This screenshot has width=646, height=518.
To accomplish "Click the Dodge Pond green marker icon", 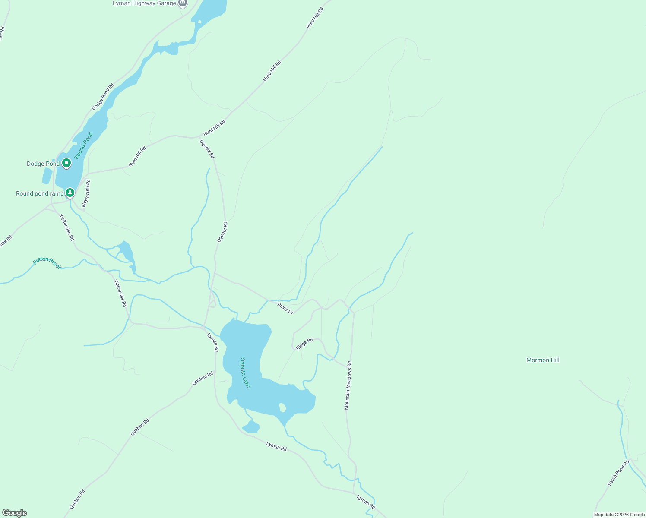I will [66, 163].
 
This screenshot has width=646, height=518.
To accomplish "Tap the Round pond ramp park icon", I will [70, 192].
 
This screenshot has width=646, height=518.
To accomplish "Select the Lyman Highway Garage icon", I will [183, 3].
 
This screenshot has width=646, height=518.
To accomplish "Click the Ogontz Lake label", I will [245, 373].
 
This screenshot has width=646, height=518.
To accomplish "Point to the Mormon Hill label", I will [543, 360].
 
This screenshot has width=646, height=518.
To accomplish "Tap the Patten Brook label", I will [47, 263].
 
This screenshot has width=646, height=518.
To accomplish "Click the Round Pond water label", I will [83, 145].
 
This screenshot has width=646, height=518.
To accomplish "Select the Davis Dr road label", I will [285, 308].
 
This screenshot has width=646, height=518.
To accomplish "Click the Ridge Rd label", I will [304, 344].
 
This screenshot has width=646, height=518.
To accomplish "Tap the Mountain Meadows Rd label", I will [348, 385].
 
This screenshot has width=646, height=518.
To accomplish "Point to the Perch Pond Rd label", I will [618, 473].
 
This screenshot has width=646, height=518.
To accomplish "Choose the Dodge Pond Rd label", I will [103, 97].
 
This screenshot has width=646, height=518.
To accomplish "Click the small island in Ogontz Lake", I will [282, 407].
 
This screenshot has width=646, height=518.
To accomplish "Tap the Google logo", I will [14, 513].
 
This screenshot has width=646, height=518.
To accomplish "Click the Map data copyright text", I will [619, 515].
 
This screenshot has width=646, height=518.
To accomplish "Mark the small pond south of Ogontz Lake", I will [251, 427].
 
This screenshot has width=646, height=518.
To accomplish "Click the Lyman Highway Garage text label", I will [144, 3].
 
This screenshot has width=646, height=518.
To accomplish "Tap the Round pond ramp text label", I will [40, 193].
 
